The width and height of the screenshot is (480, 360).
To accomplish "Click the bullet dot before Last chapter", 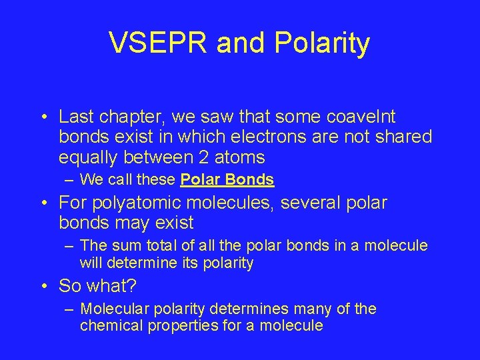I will point(43,118).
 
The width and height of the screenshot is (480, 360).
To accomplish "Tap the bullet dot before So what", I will point(43,287).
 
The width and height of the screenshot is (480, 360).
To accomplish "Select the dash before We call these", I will point(69,179).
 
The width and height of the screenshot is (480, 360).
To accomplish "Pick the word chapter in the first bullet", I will point(123,117).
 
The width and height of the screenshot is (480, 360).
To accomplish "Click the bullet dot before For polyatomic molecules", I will point(43,202).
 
